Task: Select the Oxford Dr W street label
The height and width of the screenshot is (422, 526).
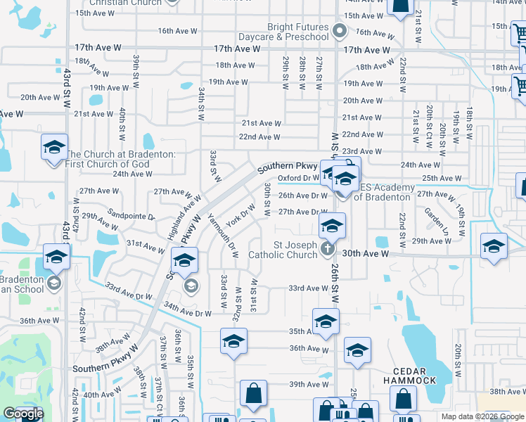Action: (298, 178)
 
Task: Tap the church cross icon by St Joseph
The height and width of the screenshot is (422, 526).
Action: (326, 249)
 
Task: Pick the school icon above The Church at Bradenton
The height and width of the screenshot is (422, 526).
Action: (54, 148)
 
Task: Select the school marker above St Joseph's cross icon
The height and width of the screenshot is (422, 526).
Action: (332, 226)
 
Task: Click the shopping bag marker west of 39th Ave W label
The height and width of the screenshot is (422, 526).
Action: (253, 394)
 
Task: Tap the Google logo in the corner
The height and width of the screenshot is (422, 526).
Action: (23, 414)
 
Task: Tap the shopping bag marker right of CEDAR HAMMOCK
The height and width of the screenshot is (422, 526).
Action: (403, 399)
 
